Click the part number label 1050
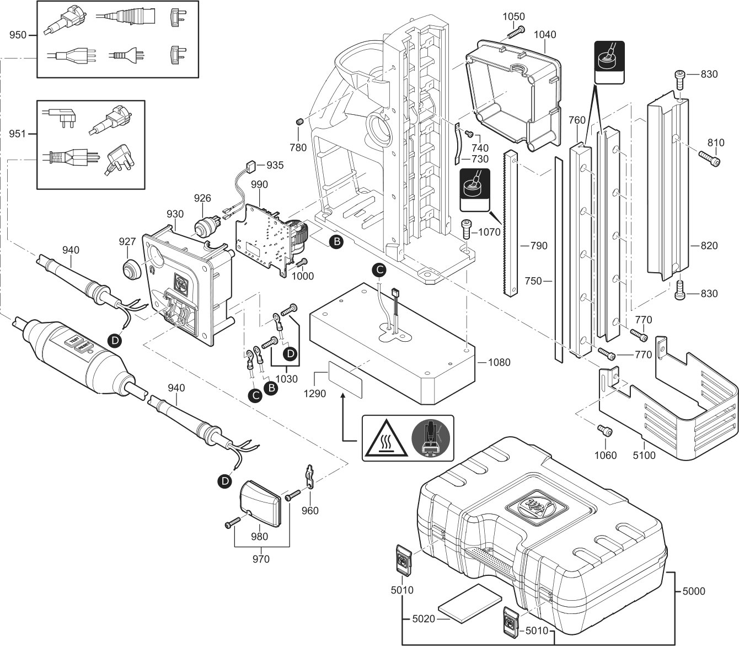click(x=513, y=17)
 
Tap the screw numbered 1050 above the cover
click(x=514, y=33)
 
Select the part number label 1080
click(x=499, y=362)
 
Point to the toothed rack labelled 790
click(x=511, y=220)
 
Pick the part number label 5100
click(x=644, y=456)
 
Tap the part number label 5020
click(x=424, y=619)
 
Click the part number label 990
click(x=259, y=184)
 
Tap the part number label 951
click(x=18, y=134)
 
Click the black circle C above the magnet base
click(x=378, y=269)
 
